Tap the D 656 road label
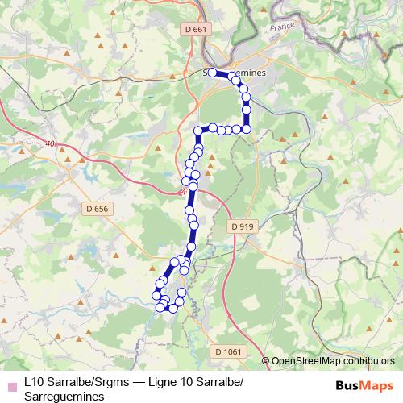(95, 209)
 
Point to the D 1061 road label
(229, 351)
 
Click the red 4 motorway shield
(183, 192)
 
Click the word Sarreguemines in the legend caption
(64, 397)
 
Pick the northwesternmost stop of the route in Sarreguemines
(212, 73)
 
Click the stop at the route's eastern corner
(247, 128)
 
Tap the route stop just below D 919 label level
(192, 247)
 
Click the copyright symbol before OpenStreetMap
(266, 361)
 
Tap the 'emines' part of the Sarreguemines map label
(250, 73)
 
